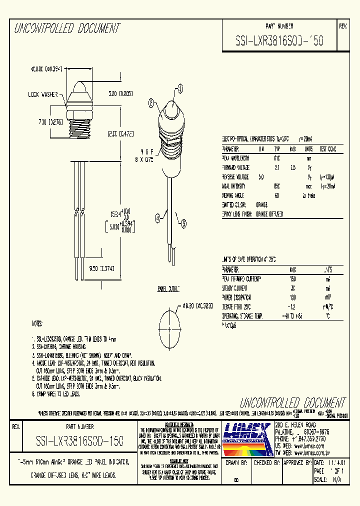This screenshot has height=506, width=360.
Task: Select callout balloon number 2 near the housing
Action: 151,104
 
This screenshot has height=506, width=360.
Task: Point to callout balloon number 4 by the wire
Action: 158,217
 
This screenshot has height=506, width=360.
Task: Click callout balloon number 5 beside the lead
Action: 184,224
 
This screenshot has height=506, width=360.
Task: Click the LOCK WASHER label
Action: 43,93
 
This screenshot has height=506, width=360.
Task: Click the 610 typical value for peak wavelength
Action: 276,158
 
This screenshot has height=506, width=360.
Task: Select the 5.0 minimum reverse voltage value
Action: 261,177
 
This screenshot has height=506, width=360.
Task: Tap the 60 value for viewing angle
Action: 276,195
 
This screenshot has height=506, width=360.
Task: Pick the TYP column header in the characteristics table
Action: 276,149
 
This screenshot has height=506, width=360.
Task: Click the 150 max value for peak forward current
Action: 292,279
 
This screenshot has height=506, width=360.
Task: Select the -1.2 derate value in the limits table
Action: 292,307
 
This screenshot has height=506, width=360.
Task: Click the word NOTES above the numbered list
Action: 37,324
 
